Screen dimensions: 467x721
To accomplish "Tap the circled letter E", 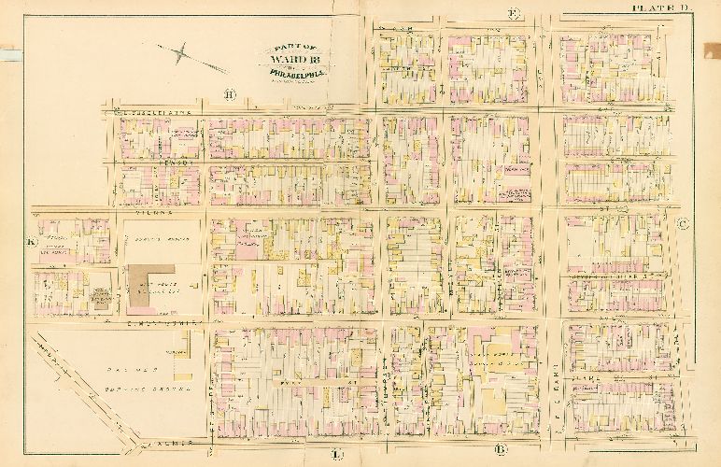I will point(513,13).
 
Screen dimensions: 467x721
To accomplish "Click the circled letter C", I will point(683,223).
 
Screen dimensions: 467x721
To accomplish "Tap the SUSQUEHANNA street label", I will point(154,112).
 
